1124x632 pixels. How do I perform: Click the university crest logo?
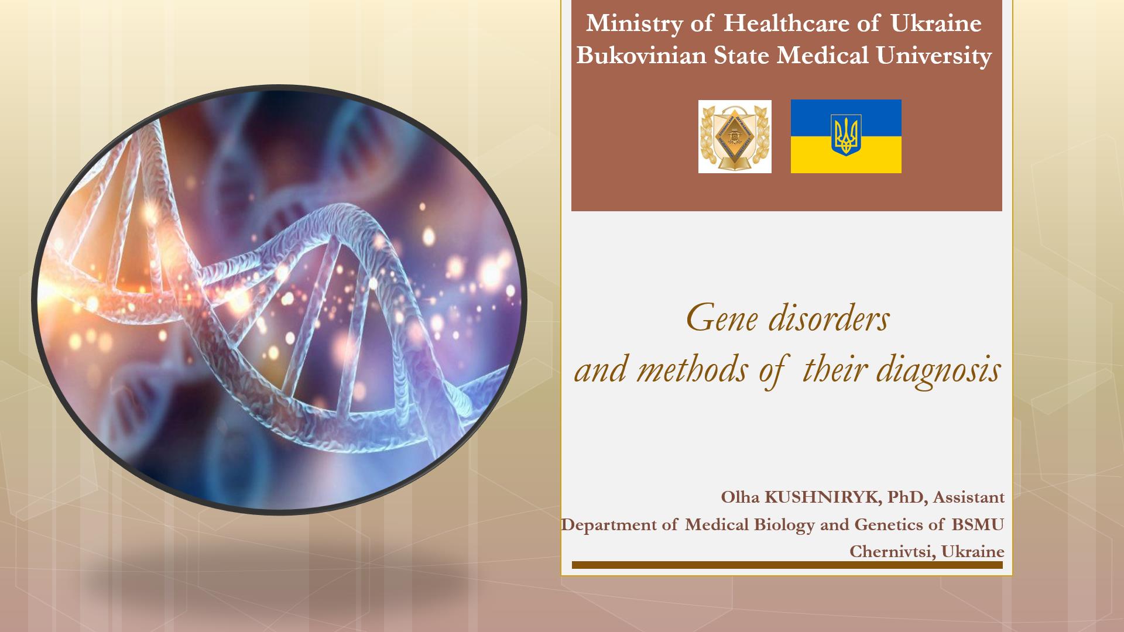pos(735,136)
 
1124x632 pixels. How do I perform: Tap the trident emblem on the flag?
pos(846,136)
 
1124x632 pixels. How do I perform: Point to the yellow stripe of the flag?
pos(846,154)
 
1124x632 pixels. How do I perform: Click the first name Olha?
pos(740,497)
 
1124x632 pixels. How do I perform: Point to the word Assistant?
pos(969,497)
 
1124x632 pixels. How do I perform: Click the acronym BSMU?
pos(978,524)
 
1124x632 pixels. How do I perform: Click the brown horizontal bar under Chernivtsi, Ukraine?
pos(787,565)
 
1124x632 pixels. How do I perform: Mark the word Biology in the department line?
pos(784,525)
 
